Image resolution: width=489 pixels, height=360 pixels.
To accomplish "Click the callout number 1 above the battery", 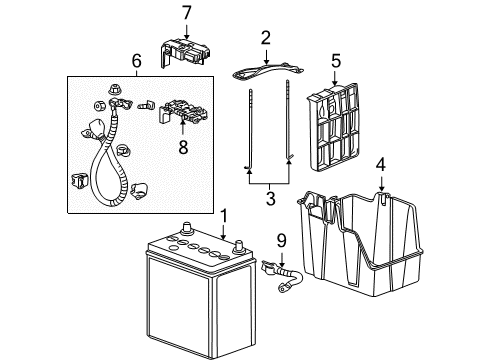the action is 224,216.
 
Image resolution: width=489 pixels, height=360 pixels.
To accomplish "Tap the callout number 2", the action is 265,38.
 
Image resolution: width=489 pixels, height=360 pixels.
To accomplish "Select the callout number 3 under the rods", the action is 271,198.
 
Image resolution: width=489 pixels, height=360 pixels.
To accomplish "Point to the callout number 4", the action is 381,165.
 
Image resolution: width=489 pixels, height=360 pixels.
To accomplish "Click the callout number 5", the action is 336,61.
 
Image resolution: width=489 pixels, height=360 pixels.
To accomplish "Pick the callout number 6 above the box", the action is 137,61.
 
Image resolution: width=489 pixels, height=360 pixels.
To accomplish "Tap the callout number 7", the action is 187,13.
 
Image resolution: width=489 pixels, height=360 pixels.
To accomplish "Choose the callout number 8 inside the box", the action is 183,147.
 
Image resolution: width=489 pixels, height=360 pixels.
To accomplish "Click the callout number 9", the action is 282,241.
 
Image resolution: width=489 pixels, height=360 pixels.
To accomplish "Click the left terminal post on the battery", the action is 186,228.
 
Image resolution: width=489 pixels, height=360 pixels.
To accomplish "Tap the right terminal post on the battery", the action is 239,246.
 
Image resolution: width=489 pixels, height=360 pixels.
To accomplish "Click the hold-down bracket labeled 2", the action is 267,71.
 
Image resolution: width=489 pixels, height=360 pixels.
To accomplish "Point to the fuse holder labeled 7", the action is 185,52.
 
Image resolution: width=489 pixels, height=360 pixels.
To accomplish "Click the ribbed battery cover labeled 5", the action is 334,127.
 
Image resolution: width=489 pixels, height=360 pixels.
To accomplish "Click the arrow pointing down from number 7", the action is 186,31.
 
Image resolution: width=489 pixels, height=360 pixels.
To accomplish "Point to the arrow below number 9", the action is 282,259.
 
